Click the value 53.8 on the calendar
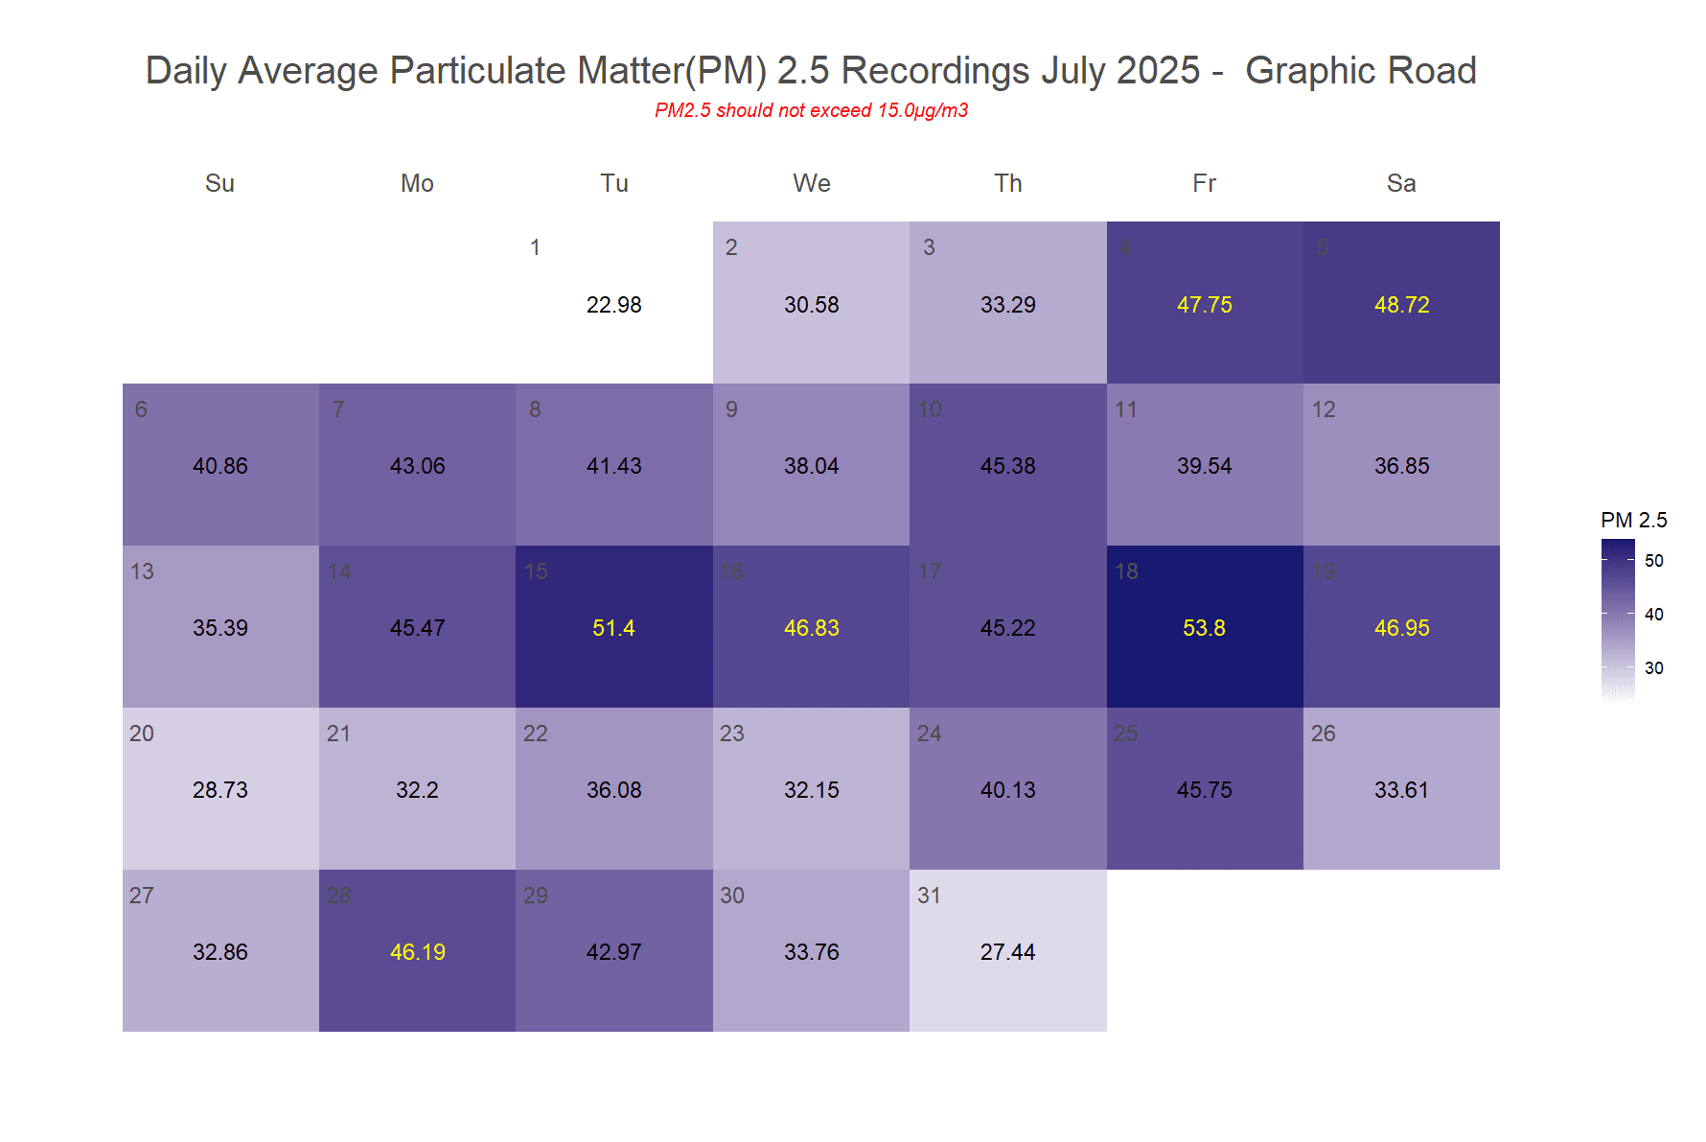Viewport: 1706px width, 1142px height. click(1204, 628)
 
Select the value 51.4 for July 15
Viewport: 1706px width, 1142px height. click(613, 628)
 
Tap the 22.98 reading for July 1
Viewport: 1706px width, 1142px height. click(613, 305)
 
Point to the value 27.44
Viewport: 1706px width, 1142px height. click(1007, 952)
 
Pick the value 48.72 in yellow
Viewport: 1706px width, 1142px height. click(1401, 305)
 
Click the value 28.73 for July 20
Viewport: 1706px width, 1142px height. click(219, 790)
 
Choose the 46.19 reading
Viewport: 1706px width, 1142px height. click(417, 952)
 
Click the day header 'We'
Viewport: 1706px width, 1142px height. click(811, 183)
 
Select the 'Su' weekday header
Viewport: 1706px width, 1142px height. click(219, 183)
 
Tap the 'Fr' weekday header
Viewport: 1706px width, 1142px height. click(1204, 183)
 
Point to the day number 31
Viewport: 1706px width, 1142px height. click(929, 896)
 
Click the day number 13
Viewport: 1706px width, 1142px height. click(142, 571)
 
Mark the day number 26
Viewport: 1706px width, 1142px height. click(1323, 734)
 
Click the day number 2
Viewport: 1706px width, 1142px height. click(731, 247)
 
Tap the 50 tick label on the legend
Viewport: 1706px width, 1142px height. click(1653, 561)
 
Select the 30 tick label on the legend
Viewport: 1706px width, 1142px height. click(1653, 668)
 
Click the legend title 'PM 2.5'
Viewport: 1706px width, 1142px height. click(1633, 520)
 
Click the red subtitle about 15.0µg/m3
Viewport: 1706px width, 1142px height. click(811, 110)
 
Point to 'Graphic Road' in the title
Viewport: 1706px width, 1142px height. click(1360, 71)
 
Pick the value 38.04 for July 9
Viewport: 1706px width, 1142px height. click(811, 466)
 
